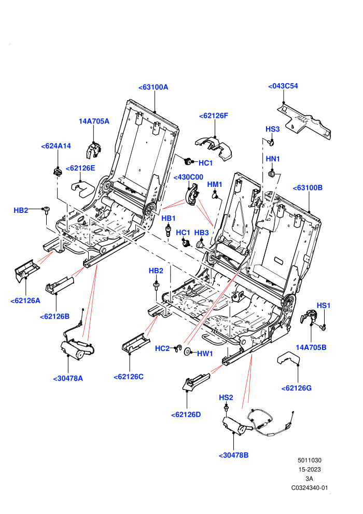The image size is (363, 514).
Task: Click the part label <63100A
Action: click(153, 87)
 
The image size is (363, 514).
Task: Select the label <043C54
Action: click(283, 86)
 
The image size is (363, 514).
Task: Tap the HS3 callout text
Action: click(272, 129)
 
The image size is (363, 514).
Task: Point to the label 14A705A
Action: click(94, 121)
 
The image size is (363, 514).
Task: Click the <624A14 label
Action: click(56, 146)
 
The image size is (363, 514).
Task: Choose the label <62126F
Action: click(214, 116)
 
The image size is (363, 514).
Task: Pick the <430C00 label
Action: click(188, 178)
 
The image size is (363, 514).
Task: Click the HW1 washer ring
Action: click(188, 351)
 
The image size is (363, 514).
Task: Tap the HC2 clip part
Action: click(178, 348)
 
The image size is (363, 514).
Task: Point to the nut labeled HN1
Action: click(271, 173)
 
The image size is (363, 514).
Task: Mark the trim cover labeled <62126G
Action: click(288, 359)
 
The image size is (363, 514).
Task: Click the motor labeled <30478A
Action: click(75, 349)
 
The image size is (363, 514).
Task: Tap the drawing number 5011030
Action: click(309, 460)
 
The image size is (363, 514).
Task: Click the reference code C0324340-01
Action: click(309, 488)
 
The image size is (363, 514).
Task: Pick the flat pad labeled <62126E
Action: click(82, 189)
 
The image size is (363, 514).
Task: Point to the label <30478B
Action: click(234, 455)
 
